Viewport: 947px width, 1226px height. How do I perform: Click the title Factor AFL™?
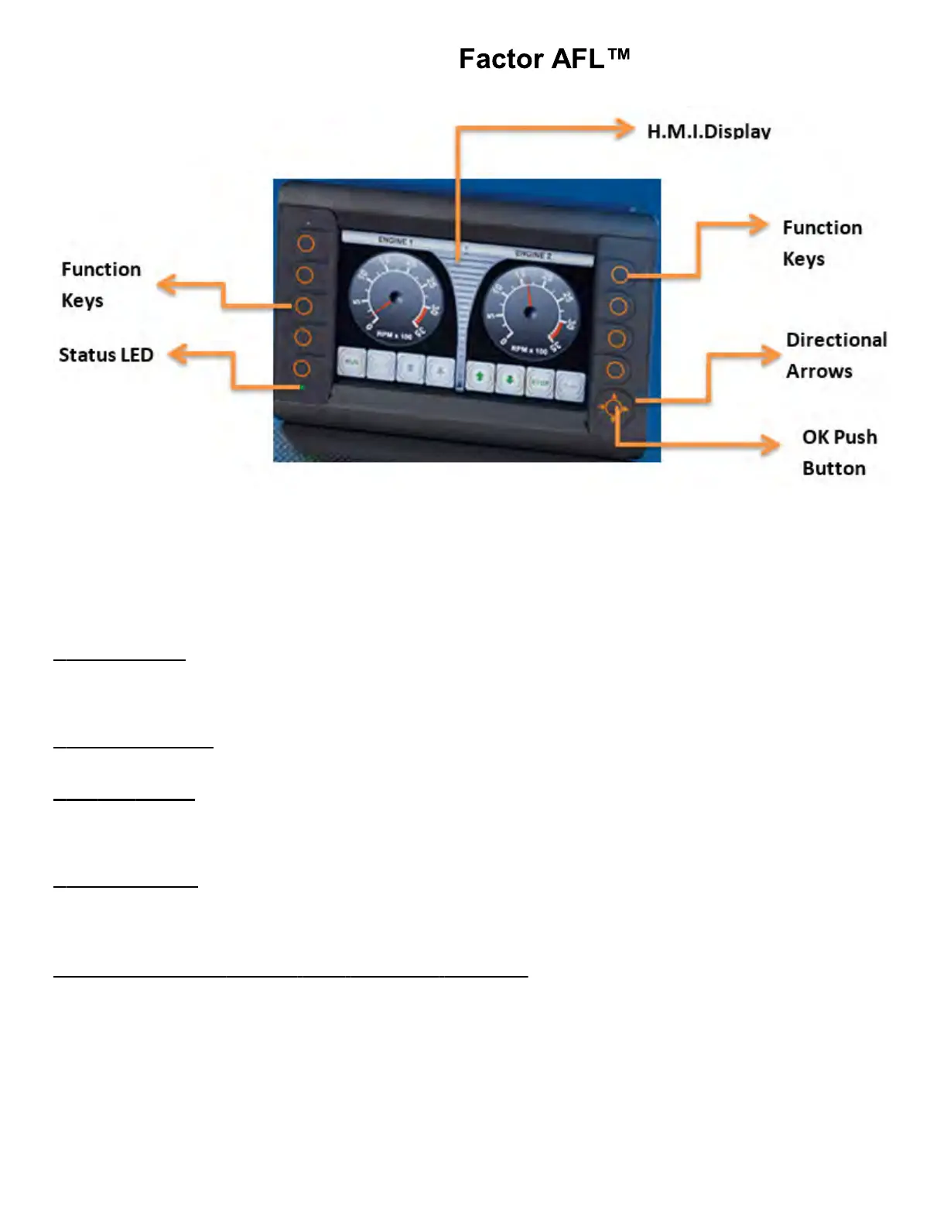click(544, 59)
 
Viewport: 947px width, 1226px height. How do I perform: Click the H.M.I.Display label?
click(709, 131)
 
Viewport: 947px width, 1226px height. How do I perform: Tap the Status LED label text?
click(106, 355)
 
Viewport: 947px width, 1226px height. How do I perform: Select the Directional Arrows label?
click(836, 355)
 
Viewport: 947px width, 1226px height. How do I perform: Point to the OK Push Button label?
click(839, 453)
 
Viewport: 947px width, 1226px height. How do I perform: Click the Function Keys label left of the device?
click(101, 285)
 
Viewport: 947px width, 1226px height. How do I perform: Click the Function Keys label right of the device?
click(822, 243)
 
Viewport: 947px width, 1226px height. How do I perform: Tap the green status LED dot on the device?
click(302, 387)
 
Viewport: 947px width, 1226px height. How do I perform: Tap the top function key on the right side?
click(620, 275)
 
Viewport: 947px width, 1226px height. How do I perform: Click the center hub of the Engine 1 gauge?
click(396, 296)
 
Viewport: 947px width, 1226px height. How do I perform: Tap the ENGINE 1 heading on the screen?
click(395, 241)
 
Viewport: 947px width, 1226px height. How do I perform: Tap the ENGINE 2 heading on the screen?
click(532, 255)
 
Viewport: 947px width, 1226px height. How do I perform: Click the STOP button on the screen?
click(540, 382)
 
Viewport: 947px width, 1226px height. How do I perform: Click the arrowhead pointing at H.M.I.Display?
click(624, 128)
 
